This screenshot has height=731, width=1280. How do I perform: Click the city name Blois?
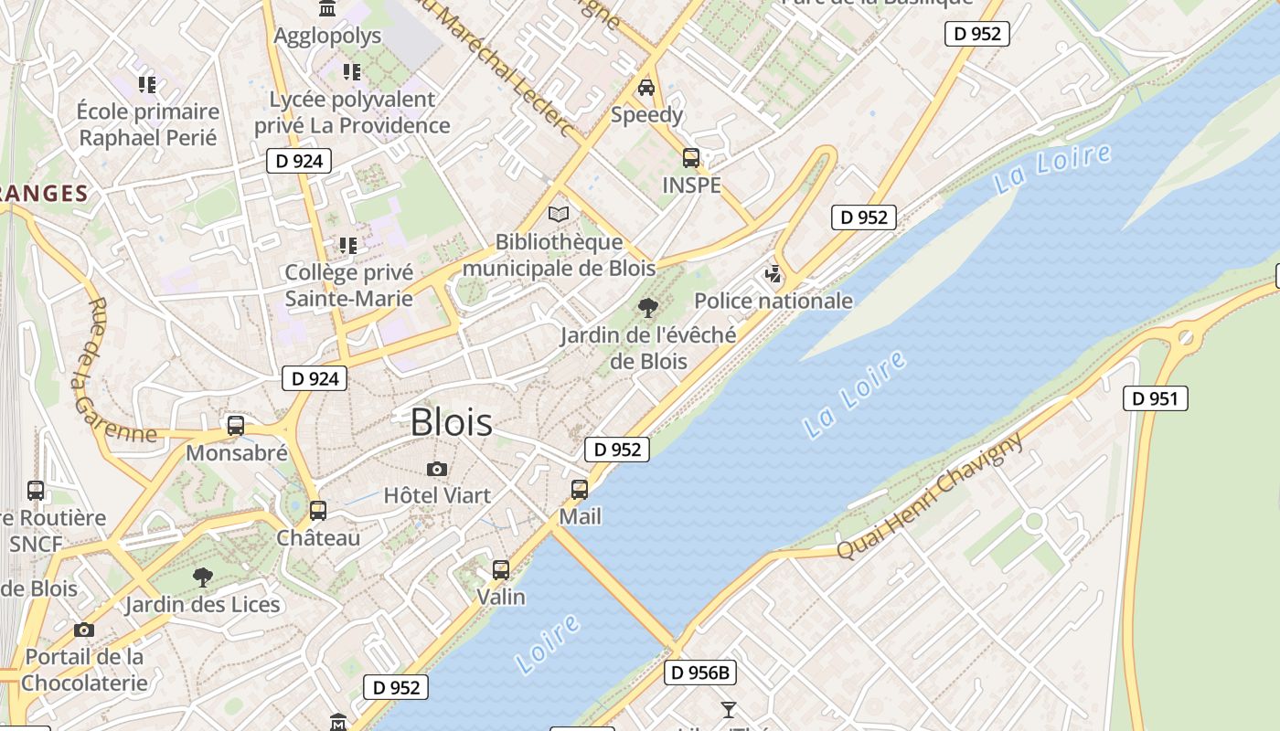click(451, 422)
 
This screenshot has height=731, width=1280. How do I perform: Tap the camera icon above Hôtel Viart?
click(437, 469)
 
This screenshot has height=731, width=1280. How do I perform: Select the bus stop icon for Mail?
click(580, 490)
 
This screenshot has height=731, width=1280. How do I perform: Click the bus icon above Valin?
click(501, 570)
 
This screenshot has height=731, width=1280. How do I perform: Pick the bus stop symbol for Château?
click(318, 511)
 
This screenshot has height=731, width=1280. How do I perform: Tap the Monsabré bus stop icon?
click(236, 426)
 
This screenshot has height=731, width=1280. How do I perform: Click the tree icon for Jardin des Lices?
click(203, 577)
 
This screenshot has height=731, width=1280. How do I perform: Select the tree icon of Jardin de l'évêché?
click(648, 308)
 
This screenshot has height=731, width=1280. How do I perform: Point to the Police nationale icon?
click(773, 274)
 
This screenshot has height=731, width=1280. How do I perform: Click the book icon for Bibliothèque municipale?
click(558, 215)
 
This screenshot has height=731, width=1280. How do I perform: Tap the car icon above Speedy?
click(646, 88)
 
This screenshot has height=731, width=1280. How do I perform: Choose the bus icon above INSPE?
click(691, 158)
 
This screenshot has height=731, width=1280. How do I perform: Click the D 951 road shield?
click(1155, 398)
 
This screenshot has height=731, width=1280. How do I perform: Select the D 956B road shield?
click(699, 673)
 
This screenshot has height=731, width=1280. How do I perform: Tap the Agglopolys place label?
click(327, 37)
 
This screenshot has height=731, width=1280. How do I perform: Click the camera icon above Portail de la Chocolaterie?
click(84, 630)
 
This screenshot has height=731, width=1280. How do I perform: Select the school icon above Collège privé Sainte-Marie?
click(347, 245)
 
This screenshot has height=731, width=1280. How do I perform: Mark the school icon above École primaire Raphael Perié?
click(146, 85)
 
